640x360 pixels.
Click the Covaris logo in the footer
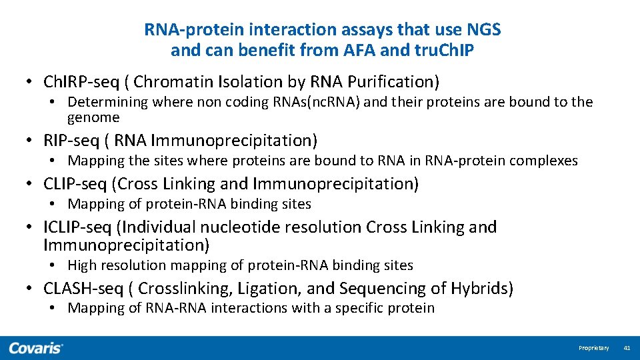pos(36,348)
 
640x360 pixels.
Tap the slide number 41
pos(627,348)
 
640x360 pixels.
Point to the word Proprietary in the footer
pos(593,348)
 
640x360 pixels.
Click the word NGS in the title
pos(484,30)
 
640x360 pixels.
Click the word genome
pos(93,118)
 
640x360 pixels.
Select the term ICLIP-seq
pos(77,227)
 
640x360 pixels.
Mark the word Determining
pos(108,102)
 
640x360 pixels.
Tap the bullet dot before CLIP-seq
pos(31,184)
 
